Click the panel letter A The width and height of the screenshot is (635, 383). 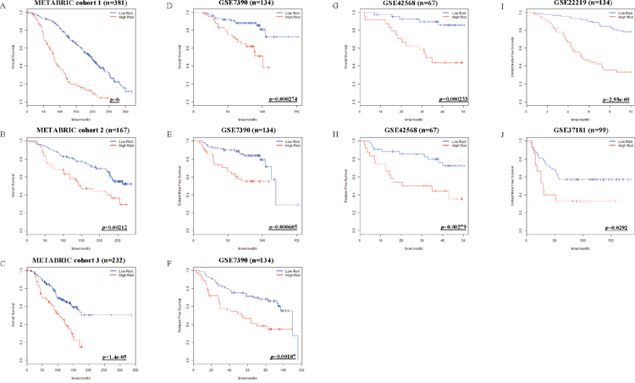click(3, 6)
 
